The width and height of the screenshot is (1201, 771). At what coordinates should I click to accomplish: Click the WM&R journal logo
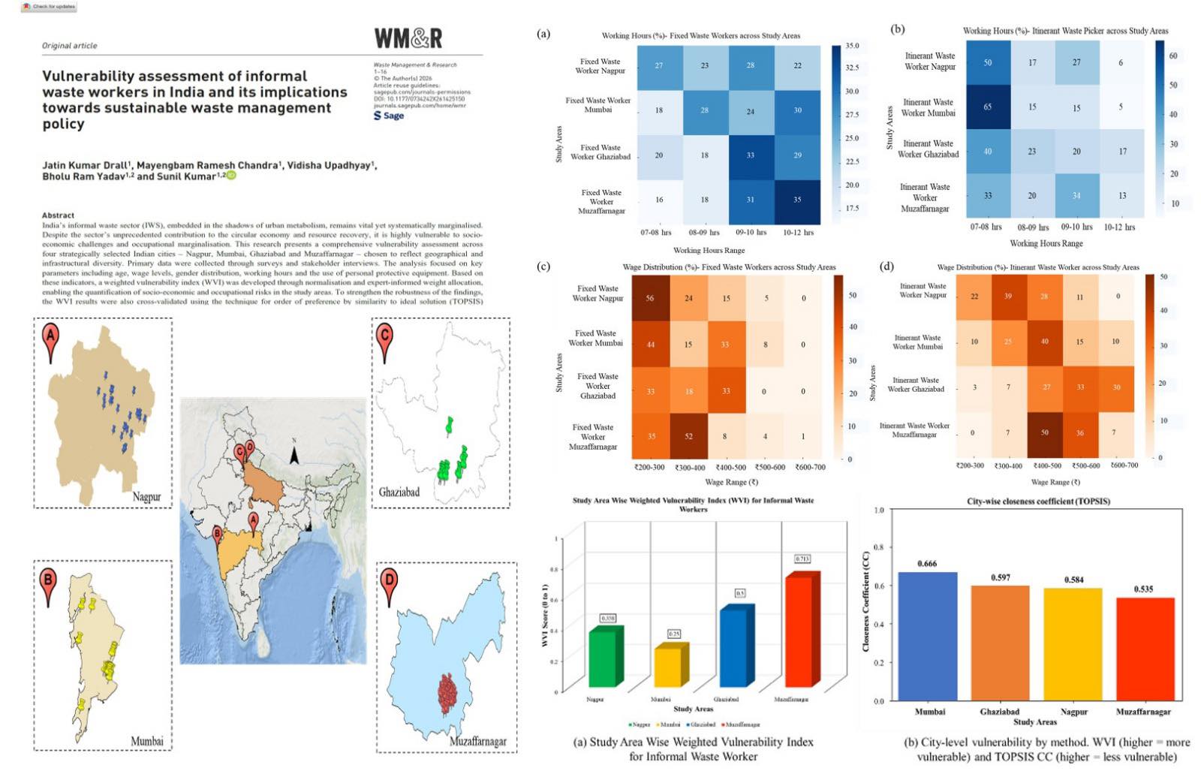click(408, 38)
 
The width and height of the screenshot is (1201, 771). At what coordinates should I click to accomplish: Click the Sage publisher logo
click(389, 116)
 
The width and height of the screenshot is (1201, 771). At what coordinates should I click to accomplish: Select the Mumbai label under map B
click(146, 741)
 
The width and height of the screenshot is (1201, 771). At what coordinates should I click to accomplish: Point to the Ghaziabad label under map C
click(399, 492)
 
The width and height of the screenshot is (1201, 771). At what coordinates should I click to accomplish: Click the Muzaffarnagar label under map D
click(477, 741)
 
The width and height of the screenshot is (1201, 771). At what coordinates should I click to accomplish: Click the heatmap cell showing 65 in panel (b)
click(987, 107)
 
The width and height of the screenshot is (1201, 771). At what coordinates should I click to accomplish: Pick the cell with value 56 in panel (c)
click(650, 298)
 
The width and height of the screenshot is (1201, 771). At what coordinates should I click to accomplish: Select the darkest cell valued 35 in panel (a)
click(797, 200)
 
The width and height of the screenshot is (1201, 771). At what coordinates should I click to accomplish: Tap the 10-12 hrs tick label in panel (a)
click(798, 233)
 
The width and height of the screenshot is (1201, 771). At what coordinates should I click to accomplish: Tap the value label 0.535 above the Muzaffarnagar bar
click(1143, 589)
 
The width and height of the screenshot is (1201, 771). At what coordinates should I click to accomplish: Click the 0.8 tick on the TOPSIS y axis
click(879, 547)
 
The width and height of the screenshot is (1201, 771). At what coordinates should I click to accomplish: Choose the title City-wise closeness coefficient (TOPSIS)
click(1038, 501)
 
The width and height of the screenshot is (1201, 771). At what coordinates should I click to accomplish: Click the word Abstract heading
click(58, 215)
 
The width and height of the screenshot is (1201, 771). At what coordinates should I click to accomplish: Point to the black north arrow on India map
click(295, 455)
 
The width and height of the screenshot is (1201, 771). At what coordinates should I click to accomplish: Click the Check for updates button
click(50, 6)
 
